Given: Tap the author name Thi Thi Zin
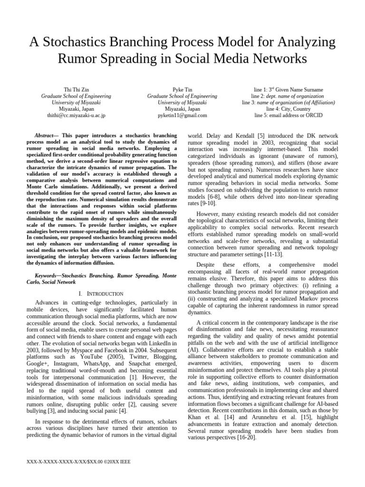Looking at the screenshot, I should [76, 89].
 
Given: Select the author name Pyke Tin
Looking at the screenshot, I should [182, 89].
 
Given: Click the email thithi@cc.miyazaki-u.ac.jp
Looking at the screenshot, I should [76, 115].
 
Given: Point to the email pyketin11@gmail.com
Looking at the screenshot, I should [182, 115].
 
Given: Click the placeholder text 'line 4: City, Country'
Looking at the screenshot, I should [288, 108].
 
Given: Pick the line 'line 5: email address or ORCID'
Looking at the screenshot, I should [288, 115].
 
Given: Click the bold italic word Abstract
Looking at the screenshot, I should [46, 136].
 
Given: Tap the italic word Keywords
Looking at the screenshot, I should [48, 275].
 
